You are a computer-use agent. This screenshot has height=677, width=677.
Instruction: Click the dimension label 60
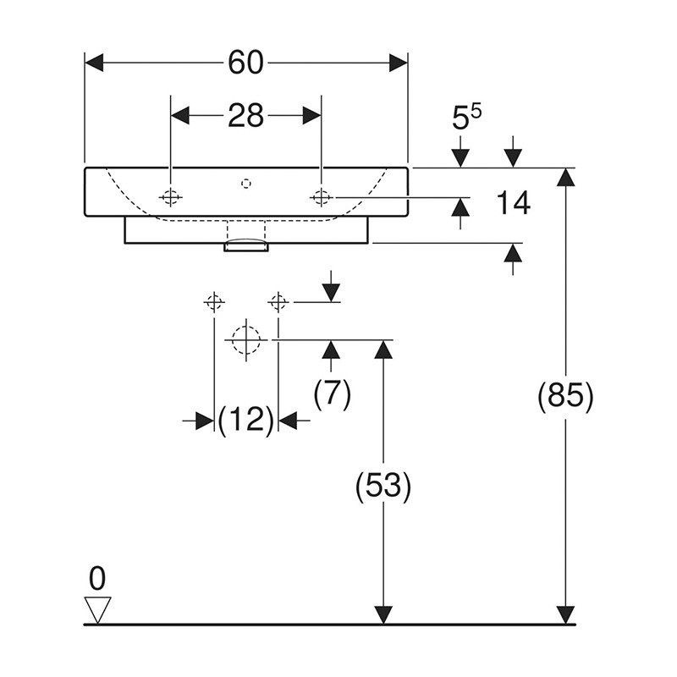tap(245, 63)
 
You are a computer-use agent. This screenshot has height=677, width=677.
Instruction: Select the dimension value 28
tap(245, 115)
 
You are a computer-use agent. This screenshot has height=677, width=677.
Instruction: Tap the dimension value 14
tap(512, 203)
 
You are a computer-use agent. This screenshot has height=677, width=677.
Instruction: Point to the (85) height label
tap(565, 396)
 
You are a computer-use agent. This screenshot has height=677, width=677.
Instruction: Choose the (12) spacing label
tap(245, 420)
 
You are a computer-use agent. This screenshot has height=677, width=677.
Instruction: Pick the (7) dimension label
tap(332, 395)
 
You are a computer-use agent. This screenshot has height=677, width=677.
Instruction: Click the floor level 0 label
tap(98, 580)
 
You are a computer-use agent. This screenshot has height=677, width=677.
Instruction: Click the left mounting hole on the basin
tap(171, 197)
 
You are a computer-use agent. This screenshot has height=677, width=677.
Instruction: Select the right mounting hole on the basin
tap(321, 197)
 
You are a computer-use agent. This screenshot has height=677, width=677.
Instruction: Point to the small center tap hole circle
tap(245, 182)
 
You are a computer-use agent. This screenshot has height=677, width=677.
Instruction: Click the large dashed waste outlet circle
tap(245, 339)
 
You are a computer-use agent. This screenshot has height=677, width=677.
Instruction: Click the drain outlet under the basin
tap(245, 246)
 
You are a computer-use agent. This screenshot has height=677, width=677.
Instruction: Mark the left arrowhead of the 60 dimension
tap(93, 63)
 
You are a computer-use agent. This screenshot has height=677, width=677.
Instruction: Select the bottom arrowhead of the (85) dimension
tap(565, 615)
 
